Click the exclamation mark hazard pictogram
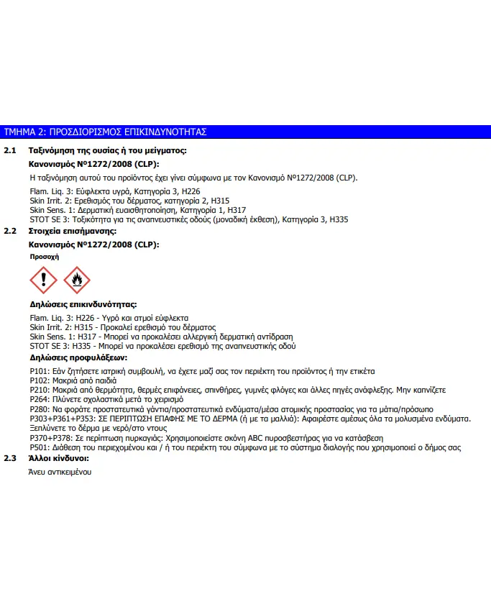45,280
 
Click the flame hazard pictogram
77,280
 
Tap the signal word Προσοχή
44,256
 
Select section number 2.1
10,151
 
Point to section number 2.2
10,232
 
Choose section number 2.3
10,458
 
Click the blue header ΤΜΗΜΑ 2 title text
106,132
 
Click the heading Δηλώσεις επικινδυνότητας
83,305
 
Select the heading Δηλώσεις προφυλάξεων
78,357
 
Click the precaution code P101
39,372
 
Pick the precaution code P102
39,381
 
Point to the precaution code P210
39,390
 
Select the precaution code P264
39,399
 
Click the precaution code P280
39,409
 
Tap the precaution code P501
39,447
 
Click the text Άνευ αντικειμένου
60,472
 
